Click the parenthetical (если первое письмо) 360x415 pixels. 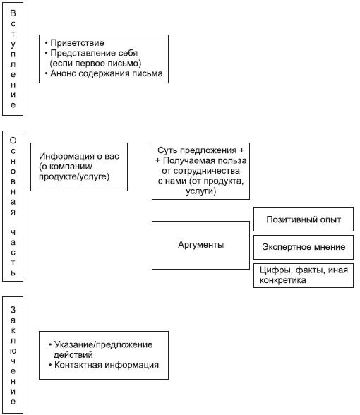[95, 64]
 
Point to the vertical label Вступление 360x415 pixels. [13, 59]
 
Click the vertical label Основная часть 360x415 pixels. [13, 206]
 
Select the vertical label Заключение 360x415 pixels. [13, 355]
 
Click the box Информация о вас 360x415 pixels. [79, 167]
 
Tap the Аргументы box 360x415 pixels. [200, 245]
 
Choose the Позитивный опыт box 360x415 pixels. [304, 219]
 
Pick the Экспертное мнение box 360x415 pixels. [304, 247]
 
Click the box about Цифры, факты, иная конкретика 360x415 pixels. [304, 275]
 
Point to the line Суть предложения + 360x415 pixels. [200, 150]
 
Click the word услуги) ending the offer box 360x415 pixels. [201, 191]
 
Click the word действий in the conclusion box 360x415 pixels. [73, 354]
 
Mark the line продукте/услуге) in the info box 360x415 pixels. [74, 176]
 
